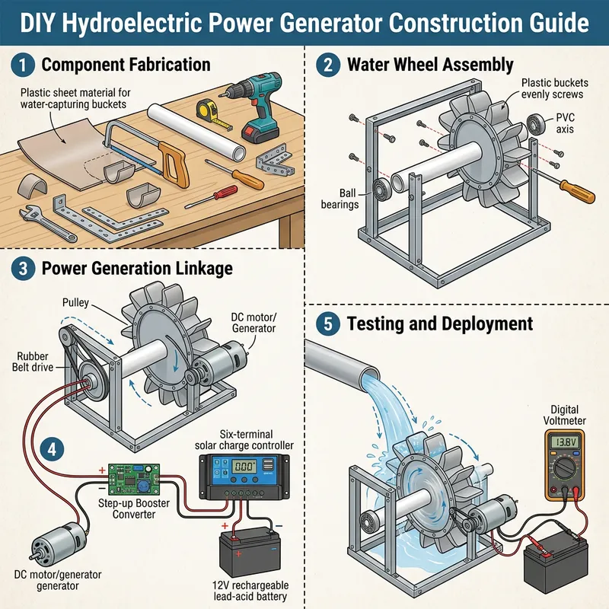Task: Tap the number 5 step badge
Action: point(327,323)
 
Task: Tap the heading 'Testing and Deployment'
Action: point(439,323)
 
